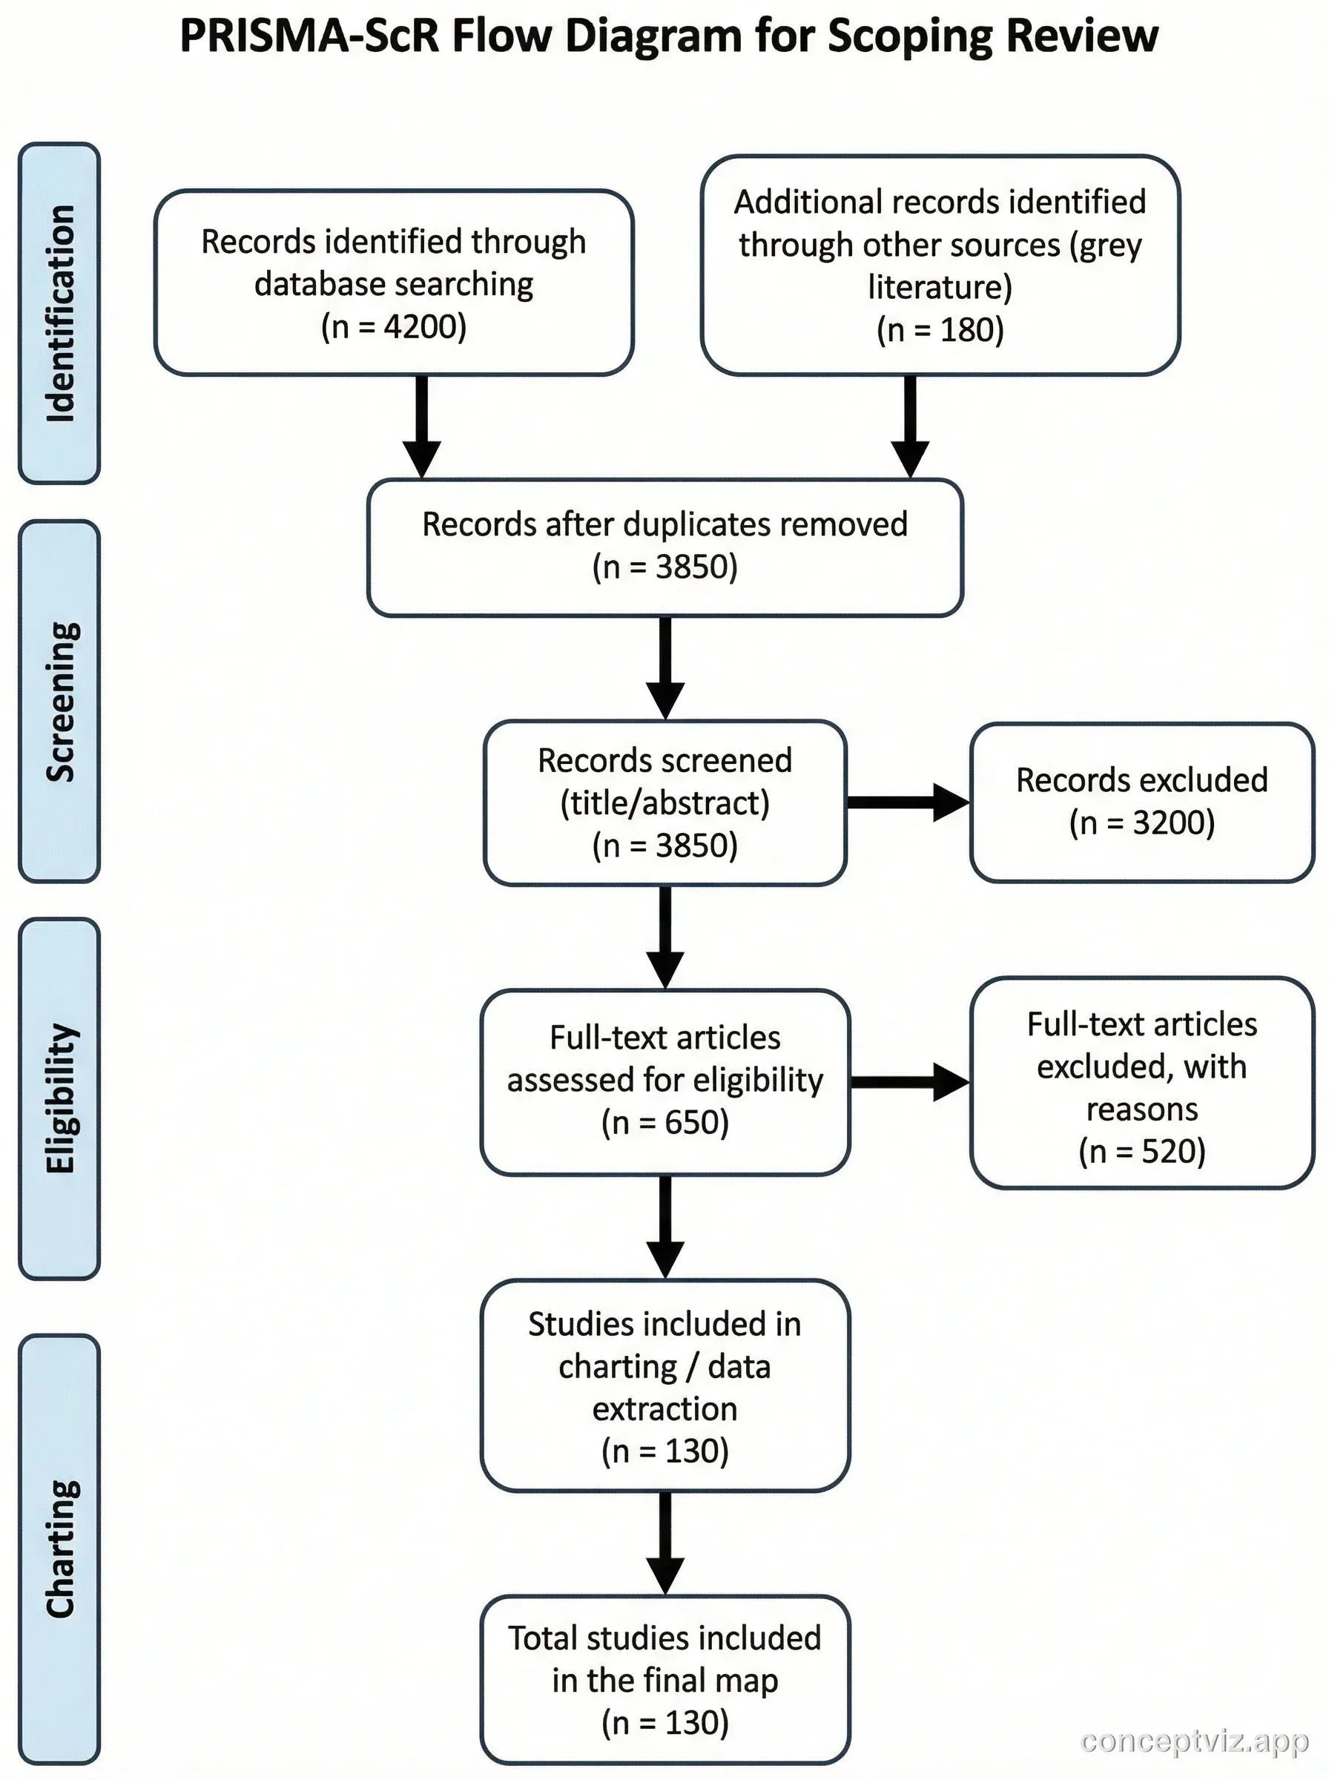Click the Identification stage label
tap(59, 313)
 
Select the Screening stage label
tap(59, 701)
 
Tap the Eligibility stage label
tap(59, 1098)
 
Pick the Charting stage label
tap(59, 1549)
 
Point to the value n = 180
tap(940, 330)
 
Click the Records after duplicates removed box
tap(664, 547)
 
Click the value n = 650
tap(664, 1122)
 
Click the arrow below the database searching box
tap(421, 426)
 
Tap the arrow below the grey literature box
tap(910, 426)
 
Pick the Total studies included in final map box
tap(664, 1681)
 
